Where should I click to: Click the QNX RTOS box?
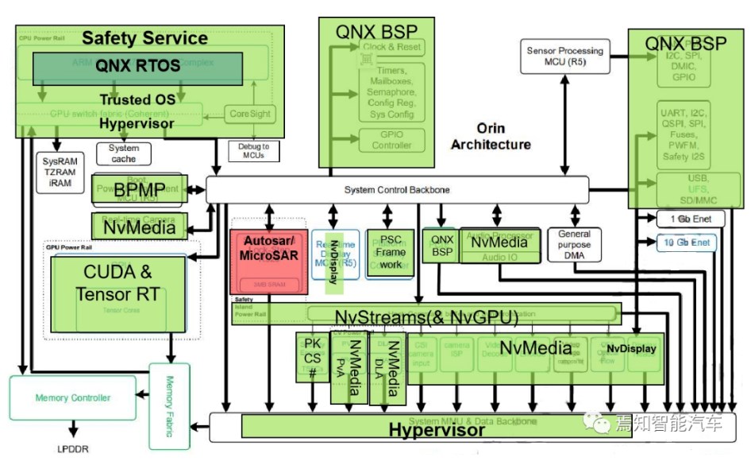139,68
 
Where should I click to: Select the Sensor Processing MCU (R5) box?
564,56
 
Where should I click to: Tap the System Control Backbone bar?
397,189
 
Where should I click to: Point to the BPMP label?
140,189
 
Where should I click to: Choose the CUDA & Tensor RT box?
117,284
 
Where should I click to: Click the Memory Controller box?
73,397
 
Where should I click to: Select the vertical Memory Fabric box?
170,405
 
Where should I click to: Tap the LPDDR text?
72,449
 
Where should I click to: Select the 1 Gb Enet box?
684,218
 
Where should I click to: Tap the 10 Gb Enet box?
684,242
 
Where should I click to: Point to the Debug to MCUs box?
253,151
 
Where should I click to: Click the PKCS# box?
311,356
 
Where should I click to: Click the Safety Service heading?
144,37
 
